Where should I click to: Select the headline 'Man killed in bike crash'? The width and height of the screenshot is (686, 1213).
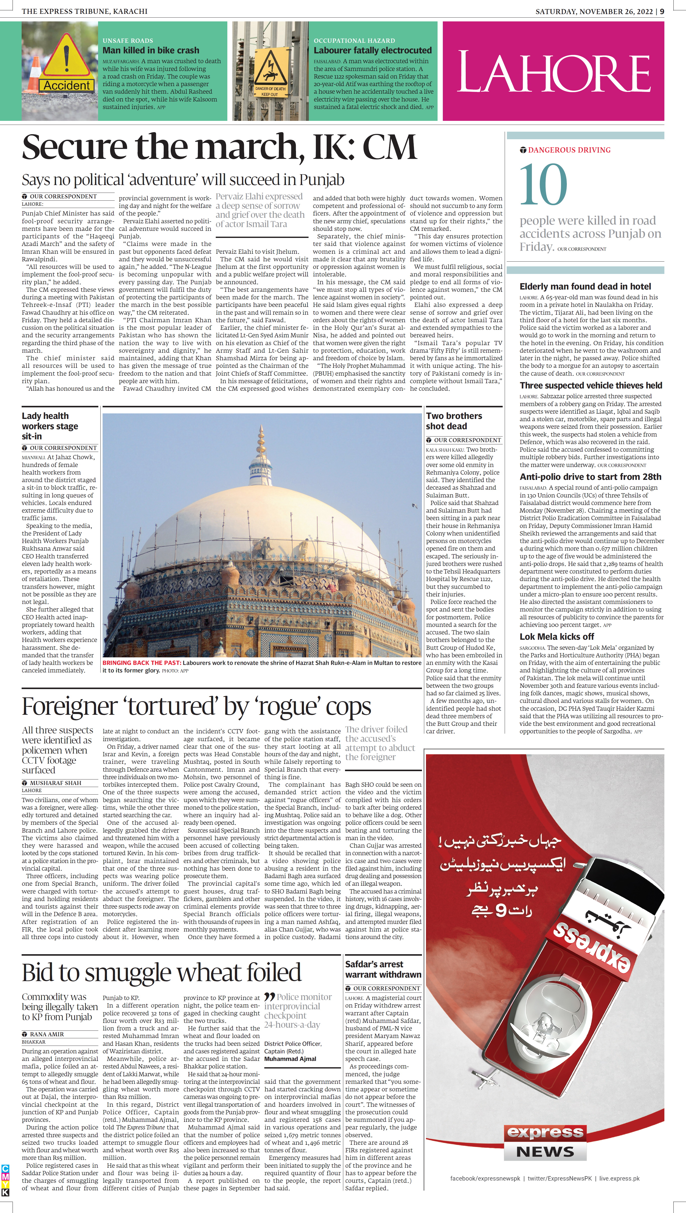[151, 50]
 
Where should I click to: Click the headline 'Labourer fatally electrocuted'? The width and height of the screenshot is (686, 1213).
[372, 50]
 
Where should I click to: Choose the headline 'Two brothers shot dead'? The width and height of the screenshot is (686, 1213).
[454, 421]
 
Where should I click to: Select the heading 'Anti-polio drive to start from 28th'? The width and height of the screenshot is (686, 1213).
[590, 476]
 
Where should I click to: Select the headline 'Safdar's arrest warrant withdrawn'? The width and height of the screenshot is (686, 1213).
[382, 969]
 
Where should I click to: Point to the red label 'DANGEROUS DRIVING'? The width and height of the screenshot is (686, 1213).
[569, 150]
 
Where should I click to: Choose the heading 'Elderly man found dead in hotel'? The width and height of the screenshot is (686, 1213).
[585, 286]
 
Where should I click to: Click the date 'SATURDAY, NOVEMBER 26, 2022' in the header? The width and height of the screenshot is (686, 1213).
[595, 11]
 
